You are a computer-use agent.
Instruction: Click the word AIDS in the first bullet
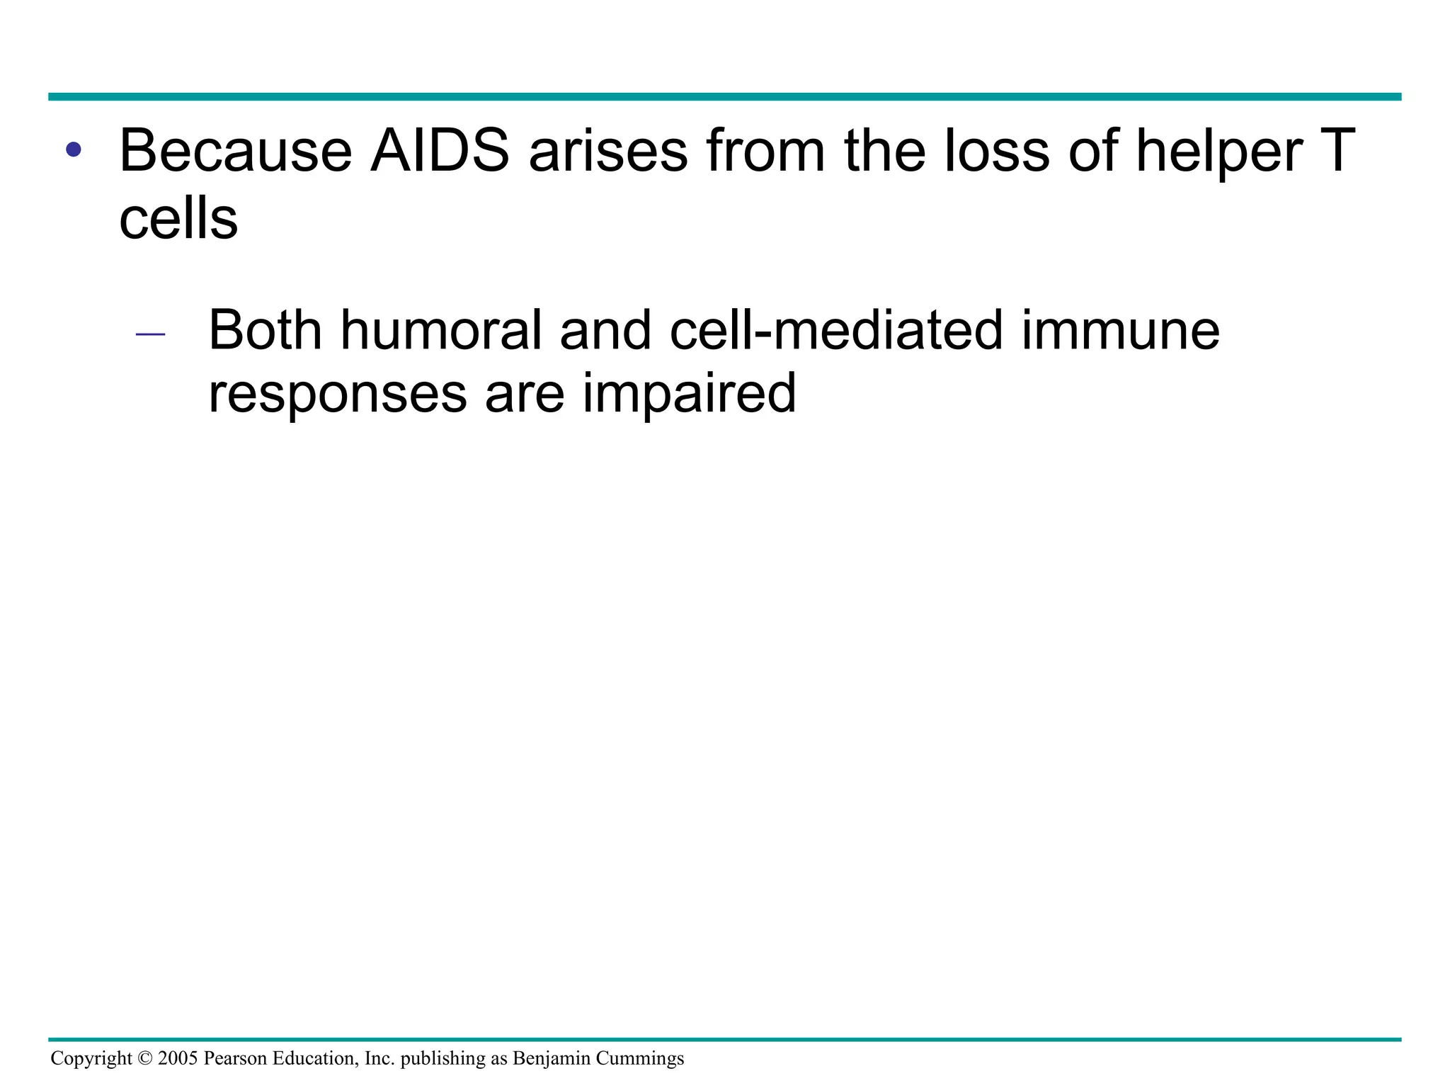click(x=440, y=150)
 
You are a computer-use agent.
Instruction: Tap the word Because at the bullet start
click(x=236, y=150)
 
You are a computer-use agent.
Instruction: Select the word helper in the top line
click(x=1219, y=150)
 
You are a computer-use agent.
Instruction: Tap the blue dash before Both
click(x=149, y=334)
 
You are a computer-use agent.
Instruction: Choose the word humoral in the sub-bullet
click(x=440, y=330)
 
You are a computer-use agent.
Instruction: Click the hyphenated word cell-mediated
click(x=836, y=330)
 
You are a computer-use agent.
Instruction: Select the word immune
click(x=1120, y=330)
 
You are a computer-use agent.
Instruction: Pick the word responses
click(x=337, y=394)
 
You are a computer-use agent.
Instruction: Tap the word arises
click(x=608, y=150)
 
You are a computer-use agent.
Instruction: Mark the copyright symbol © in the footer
click(x=145, y=1059)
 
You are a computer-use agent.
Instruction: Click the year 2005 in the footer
click(x=178, y=1059)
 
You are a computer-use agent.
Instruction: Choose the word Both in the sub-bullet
click(x=265, y=330)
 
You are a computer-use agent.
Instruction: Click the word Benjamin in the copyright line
click(x=551, y=1059)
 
